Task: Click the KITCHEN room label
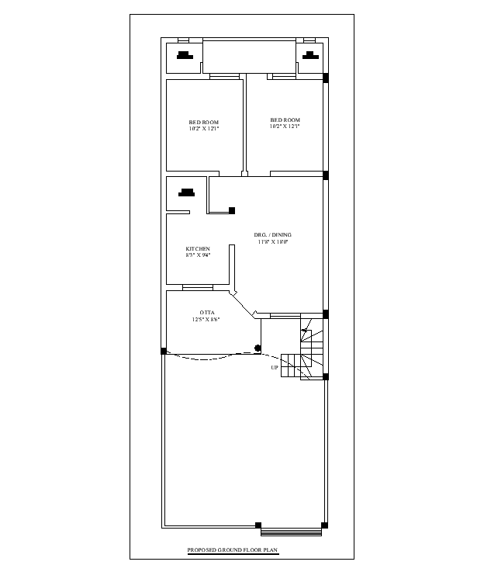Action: tap(198, 249)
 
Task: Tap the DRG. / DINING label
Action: tap(272, 235)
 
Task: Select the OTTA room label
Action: tap(207, 313)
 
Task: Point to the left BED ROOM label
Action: tap(204, 122)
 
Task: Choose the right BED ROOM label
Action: tap(285, 120)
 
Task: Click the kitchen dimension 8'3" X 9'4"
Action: tap(198, 255)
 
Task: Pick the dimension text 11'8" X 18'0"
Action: tap(273, 241)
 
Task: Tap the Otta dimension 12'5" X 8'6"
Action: tap(206, 320)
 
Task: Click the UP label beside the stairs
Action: tap(275, 368)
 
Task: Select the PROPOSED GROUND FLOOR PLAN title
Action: tap(233, 549)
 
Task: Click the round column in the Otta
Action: tap(258, 348)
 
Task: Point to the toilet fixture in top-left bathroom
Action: tap(185, 55)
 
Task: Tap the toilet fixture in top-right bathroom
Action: tap(310, 55)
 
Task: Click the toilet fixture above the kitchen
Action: tap(187, 192)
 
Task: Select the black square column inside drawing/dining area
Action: tap(232, 210)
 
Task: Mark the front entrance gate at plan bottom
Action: tap(291, 532)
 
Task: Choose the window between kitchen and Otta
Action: tap(198, 288)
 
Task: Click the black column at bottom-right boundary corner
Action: tap(324, 525)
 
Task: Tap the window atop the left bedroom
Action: tap(224, 77)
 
